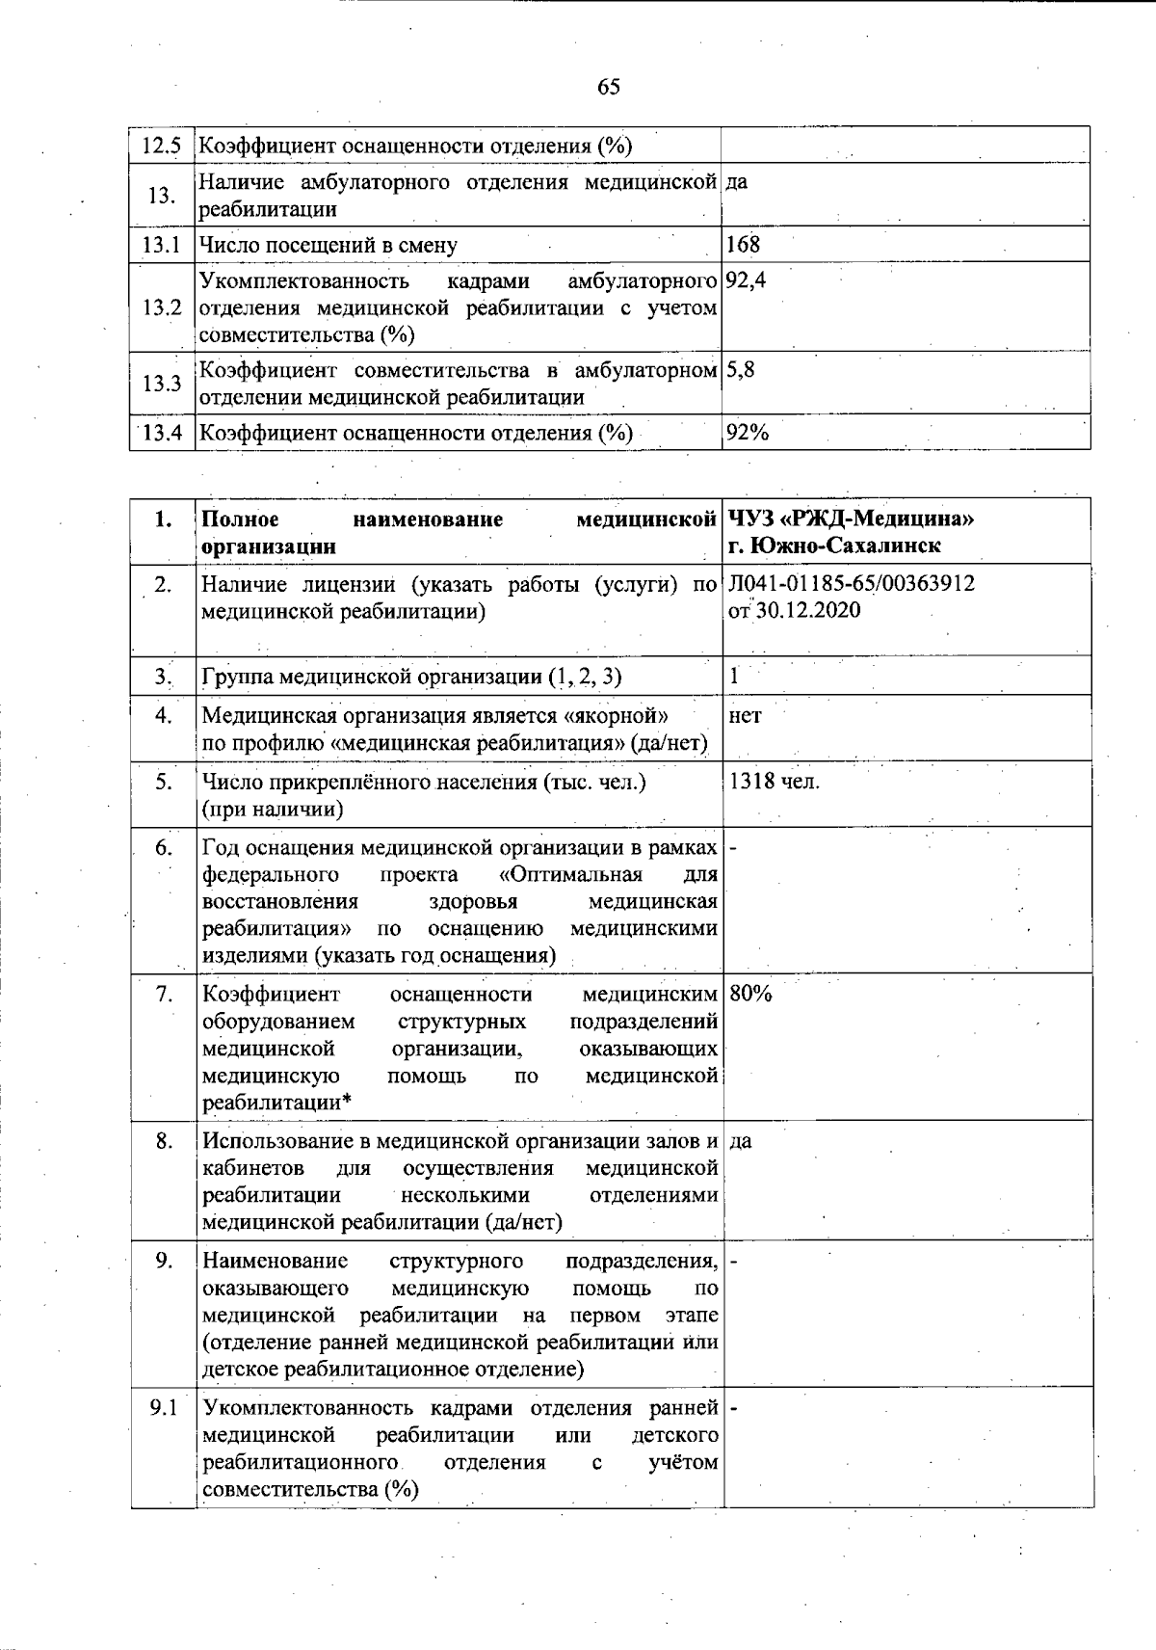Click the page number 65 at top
coord(608,88)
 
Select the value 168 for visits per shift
coord(743,245)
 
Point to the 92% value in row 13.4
coord(748,433)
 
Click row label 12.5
coord(161,146)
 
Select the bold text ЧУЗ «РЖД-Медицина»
coord(852,519)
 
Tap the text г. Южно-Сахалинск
coord(834,546)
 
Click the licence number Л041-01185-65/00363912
coord(853,584)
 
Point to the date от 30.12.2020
coord(795,611)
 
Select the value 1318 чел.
coord(775,782)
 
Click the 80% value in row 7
coord(751,995)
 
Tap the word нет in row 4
coord(746,716)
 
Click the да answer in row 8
coord(741,1142)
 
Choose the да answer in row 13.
coord(736,182)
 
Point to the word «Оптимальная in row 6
coord(570,875)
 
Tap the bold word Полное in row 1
coord(240,519)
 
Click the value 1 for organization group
coord(734,677)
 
